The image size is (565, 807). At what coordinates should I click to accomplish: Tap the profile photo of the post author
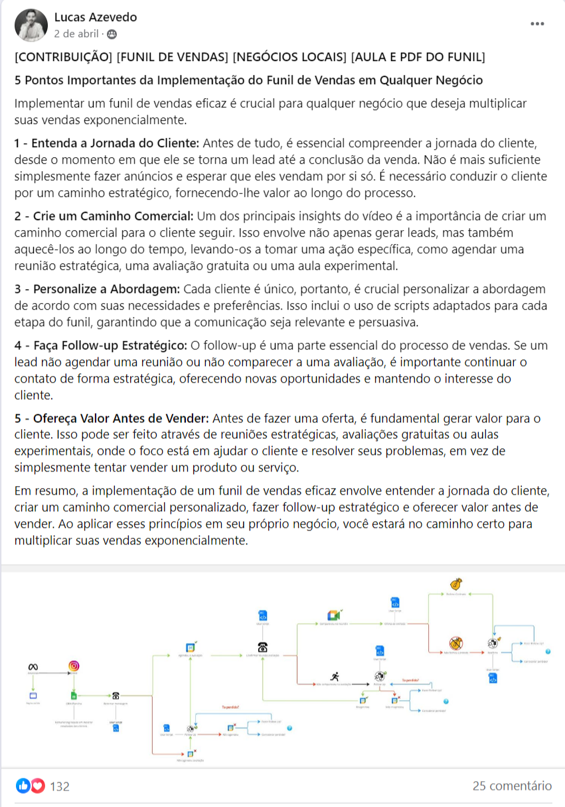31,25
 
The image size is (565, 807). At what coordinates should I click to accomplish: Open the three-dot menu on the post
537,25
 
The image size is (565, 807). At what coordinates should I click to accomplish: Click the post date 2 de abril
76,33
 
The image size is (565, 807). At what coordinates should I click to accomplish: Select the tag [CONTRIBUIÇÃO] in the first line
63,57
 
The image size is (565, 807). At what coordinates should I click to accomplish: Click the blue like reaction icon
23,786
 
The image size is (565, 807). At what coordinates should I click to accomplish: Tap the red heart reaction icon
38,786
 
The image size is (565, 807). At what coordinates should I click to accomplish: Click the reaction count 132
60,786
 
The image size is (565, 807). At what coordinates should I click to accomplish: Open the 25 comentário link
512,786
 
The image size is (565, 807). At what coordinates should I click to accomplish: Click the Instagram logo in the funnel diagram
74,666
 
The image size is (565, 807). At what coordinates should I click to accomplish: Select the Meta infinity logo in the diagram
32,666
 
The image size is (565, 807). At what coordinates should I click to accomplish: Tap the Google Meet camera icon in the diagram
333,616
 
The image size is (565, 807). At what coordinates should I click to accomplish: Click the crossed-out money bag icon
455,643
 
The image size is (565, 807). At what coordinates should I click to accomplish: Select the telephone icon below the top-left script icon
263,647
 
